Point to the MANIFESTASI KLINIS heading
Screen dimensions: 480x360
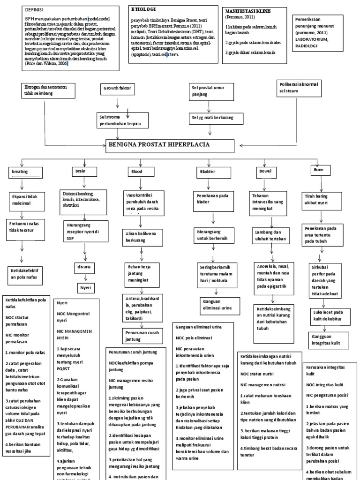pyautogui.click(x=248, y=11)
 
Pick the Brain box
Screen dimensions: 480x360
pyautogui.click(x=80, y=172)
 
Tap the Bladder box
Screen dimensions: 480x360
pyautogui.click(x=207, y=172)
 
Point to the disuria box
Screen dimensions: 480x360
pyautogui.click(x=84, y=267)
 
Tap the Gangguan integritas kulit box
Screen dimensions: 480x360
pyautogui.click(x=327, y=340)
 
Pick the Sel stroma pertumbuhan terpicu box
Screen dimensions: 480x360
pyautogui.click(x=120, y=119)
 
